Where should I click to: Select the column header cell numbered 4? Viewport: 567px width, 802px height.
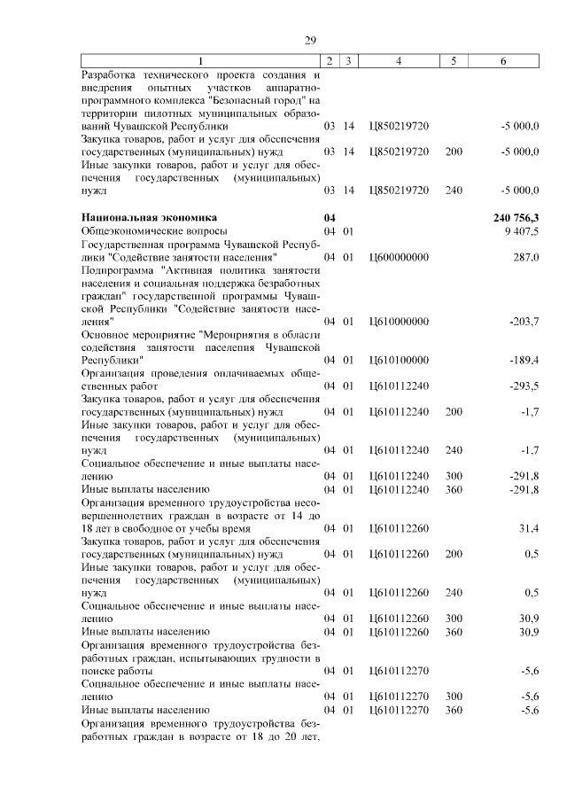point(399,60)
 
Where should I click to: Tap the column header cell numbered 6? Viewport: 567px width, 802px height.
point(504,60)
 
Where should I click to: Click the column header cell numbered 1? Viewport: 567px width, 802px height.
point(200,60)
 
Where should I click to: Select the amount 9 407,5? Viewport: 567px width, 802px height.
point(523,230)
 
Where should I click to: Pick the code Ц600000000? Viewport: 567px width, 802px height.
point(398,256)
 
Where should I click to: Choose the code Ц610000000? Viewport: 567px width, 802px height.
point(398,321)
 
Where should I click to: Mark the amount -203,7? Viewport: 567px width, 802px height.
point(524,321)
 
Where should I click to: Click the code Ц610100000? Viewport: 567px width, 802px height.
point(398,360)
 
